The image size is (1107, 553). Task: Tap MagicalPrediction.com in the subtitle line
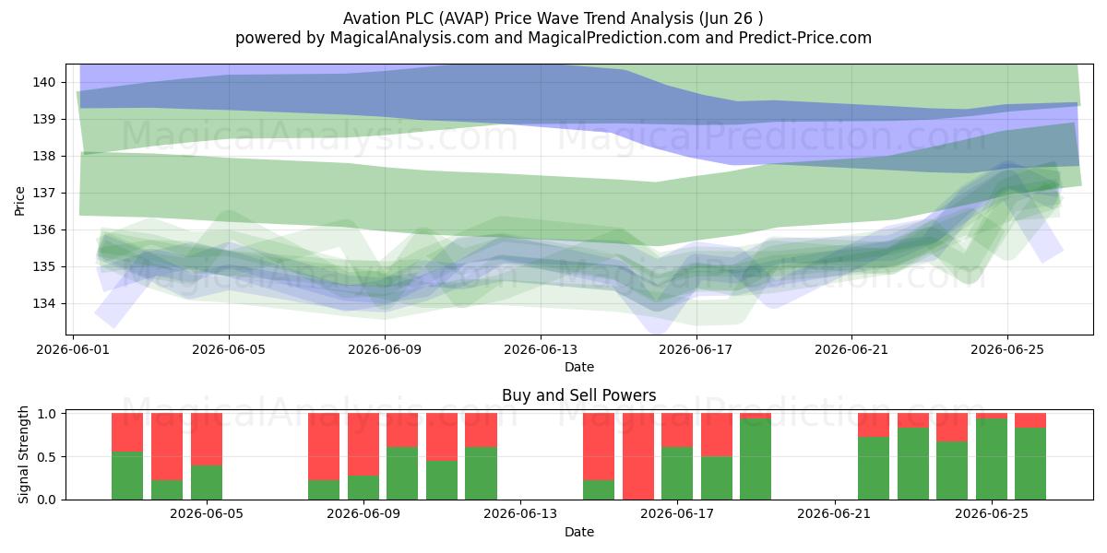point(613,38)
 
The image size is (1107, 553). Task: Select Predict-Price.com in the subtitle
point(805,38)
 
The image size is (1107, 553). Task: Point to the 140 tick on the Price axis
point(43,82)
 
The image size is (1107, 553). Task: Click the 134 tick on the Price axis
point(43,303)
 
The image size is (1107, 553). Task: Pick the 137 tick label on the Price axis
point(43,193)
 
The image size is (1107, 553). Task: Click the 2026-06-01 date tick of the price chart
point(73,349)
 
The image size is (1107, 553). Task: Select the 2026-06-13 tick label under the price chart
point(541,349)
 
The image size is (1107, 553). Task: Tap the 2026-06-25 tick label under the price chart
point(1007,349)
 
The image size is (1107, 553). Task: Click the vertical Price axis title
point(19,202)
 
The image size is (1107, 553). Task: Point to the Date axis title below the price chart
point(579,367)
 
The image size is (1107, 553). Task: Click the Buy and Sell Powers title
point(578,395)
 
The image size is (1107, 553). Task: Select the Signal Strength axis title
point(23,454)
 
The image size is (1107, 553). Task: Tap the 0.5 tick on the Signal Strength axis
point(46,457)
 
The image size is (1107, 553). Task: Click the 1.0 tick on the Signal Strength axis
point(46,413)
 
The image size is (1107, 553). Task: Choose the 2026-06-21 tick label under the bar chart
point(834,514)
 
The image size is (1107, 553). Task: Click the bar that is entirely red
point(638,456)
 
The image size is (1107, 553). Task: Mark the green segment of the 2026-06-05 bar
point(207,482)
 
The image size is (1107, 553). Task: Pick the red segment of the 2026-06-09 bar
point(363,444)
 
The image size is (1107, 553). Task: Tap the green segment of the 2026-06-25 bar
point(992,459)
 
